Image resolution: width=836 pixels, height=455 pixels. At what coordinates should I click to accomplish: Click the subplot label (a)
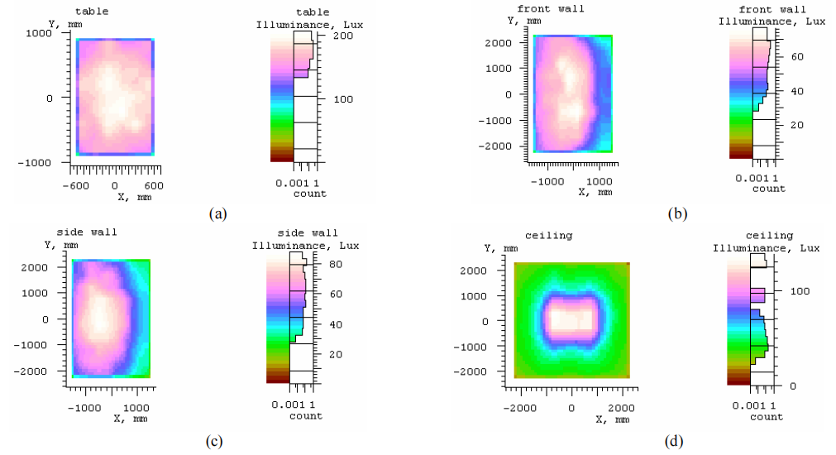(x=218, y=214)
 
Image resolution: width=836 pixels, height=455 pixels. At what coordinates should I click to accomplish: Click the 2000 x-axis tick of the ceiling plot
(x=622, y=409)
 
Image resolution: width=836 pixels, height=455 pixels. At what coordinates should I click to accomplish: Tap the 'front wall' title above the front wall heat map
(x=551, y=9)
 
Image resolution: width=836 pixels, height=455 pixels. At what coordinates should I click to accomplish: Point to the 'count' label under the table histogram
(x=309, y=194)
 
